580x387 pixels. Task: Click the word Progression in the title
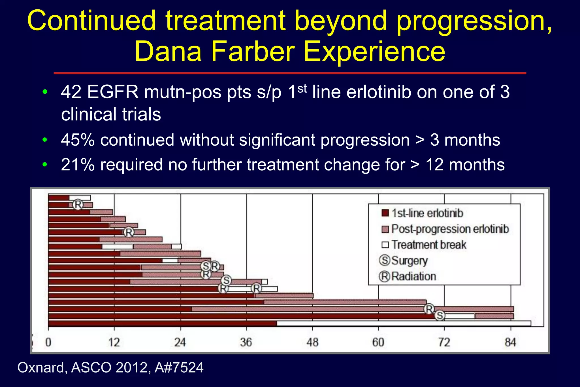[x=474, y=21]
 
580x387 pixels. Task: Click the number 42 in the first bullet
[x=71, y=92]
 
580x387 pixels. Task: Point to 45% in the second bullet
[x=78, y=140]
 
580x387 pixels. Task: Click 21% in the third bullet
[x=78, y=165]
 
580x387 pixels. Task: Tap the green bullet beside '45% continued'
[x=44, y=140]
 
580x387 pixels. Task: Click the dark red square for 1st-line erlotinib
[x=385, y=213]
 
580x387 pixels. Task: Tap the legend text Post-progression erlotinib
[x=450, y=229]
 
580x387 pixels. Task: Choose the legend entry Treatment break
[x=429, y=245]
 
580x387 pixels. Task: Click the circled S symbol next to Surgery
[x=385, y=260]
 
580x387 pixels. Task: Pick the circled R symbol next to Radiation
[x=385, y=276]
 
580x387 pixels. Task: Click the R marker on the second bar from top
[x=78, y=204]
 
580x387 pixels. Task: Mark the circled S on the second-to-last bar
[x=440, y=315]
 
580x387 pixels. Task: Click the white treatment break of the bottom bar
[x=404, y=323]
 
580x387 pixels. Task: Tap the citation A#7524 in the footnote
[x=179, y=368]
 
